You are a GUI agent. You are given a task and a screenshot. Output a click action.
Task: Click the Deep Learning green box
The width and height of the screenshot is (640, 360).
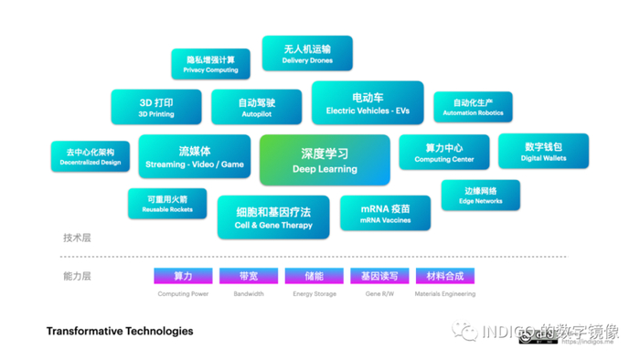pos(325,160)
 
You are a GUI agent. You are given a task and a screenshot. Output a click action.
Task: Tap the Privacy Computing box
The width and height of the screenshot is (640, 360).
pos(210,64)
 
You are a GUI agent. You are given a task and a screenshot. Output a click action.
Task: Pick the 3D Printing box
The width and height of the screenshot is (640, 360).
pos(156,108)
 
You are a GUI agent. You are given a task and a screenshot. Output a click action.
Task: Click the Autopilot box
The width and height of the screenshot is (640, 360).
pos(256,108)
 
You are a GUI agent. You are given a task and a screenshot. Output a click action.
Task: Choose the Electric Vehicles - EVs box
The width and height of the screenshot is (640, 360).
pos(368,103)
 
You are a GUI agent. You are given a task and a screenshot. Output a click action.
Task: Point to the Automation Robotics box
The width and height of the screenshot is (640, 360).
pos(473,108)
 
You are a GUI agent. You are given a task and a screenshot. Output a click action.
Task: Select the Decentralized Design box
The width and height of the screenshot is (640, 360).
pos(91,156)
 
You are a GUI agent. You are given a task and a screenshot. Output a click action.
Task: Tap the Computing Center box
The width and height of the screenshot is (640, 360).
pos(444,153)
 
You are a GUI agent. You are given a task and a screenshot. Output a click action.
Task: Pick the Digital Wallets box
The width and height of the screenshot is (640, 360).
pos(543,152)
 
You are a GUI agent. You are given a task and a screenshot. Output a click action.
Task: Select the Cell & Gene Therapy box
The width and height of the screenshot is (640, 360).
pos(273,217)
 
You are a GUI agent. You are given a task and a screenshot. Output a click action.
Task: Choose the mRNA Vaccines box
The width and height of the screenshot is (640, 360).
pos(385,213)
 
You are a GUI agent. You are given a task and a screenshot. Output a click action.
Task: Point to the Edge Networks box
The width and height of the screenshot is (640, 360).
pos(480,195)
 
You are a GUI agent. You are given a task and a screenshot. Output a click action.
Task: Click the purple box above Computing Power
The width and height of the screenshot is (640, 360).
pos(183,275)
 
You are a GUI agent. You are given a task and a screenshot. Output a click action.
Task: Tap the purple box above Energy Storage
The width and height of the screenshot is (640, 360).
pos(315,275)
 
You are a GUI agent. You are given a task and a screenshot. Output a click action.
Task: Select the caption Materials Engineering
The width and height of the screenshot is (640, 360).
pos(445,294)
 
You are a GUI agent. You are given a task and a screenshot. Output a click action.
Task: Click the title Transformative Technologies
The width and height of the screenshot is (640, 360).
pos(120,331)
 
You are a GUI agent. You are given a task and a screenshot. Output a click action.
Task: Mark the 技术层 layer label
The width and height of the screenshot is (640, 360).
pos(77,238)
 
